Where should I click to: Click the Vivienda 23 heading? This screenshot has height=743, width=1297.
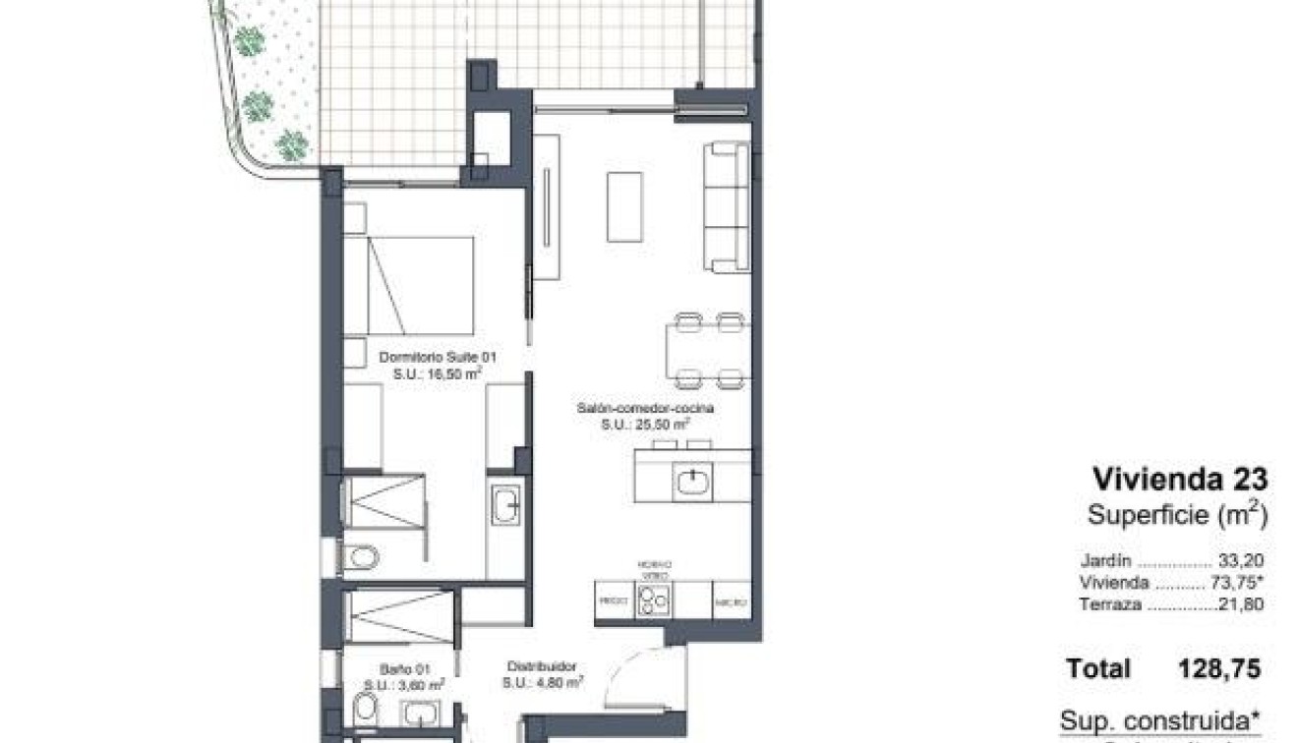(1180, 480)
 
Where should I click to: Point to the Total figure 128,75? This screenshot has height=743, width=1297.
(1218, 669)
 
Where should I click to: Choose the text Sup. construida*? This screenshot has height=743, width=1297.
(1160, 719)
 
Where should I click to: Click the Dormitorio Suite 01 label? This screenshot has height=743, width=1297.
(433, 359)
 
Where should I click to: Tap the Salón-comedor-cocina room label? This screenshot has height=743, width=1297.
(645, 407)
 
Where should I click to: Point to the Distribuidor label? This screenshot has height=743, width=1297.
(542, 665)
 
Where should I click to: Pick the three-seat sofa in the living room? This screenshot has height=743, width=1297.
(727, 206)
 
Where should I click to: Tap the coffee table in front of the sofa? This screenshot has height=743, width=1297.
(624, 206)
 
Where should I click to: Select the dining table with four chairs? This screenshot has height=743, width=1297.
(708, 351)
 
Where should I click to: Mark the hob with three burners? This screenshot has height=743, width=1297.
(652, 598)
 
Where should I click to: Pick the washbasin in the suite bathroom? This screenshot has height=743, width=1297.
(506, 504)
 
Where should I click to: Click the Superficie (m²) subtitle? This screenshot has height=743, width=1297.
(1175, 513)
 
